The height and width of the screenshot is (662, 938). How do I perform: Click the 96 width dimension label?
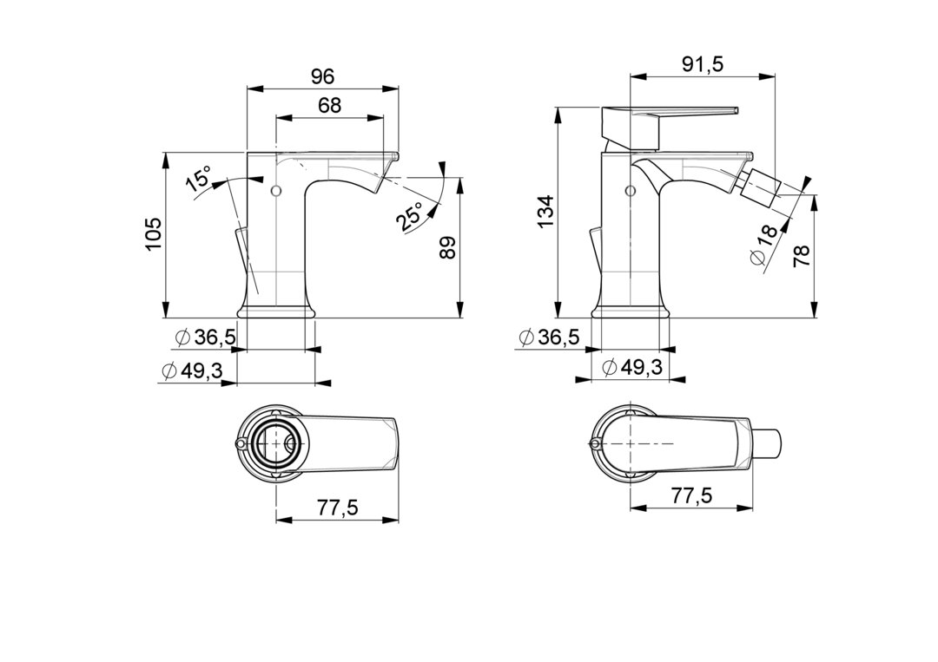(322, 76)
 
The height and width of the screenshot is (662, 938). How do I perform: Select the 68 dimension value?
(330, 105)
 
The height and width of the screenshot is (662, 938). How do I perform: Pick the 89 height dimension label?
(447, 247)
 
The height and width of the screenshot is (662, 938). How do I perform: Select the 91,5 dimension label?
(703, 64)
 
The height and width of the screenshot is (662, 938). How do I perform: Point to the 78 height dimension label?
(801, 256)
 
